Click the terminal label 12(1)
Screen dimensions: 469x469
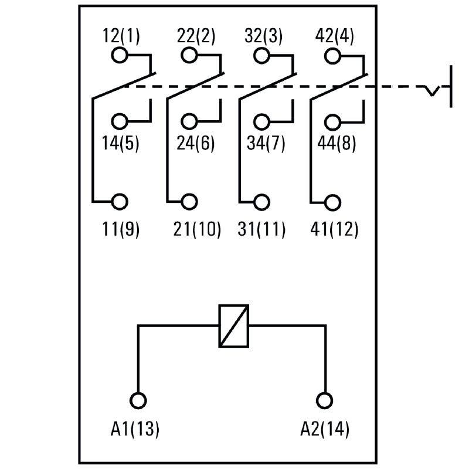(121, 36)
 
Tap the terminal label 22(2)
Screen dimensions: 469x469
(196, 36)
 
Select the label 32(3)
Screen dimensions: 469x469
(263, 36)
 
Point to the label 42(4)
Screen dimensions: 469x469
(335, 36)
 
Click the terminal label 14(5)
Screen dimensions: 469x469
(121, 143)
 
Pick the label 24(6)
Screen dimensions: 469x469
(196, 143)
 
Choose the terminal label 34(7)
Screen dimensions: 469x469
(266, 143)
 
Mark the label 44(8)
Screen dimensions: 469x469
(337, 143)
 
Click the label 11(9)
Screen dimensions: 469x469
(121, 229)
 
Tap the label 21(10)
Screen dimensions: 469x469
(197, 229)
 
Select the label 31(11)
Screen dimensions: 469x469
(261, 229)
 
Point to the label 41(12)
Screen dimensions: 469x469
(334, 229)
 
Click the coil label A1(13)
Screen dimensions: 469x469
(135, 430)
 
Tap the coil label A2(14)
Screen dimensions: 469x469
(324, 430)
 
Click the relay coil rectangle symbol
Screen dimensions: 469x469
(233, 326)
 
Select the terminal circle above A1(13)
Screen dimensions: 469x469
(138, 400)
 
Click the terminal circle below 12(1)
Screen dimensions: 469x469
(119, 56)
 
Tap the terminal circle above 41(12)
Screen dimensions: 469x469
(332, 202)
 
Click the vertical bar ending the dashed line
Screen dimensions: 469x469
(451, 87)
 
